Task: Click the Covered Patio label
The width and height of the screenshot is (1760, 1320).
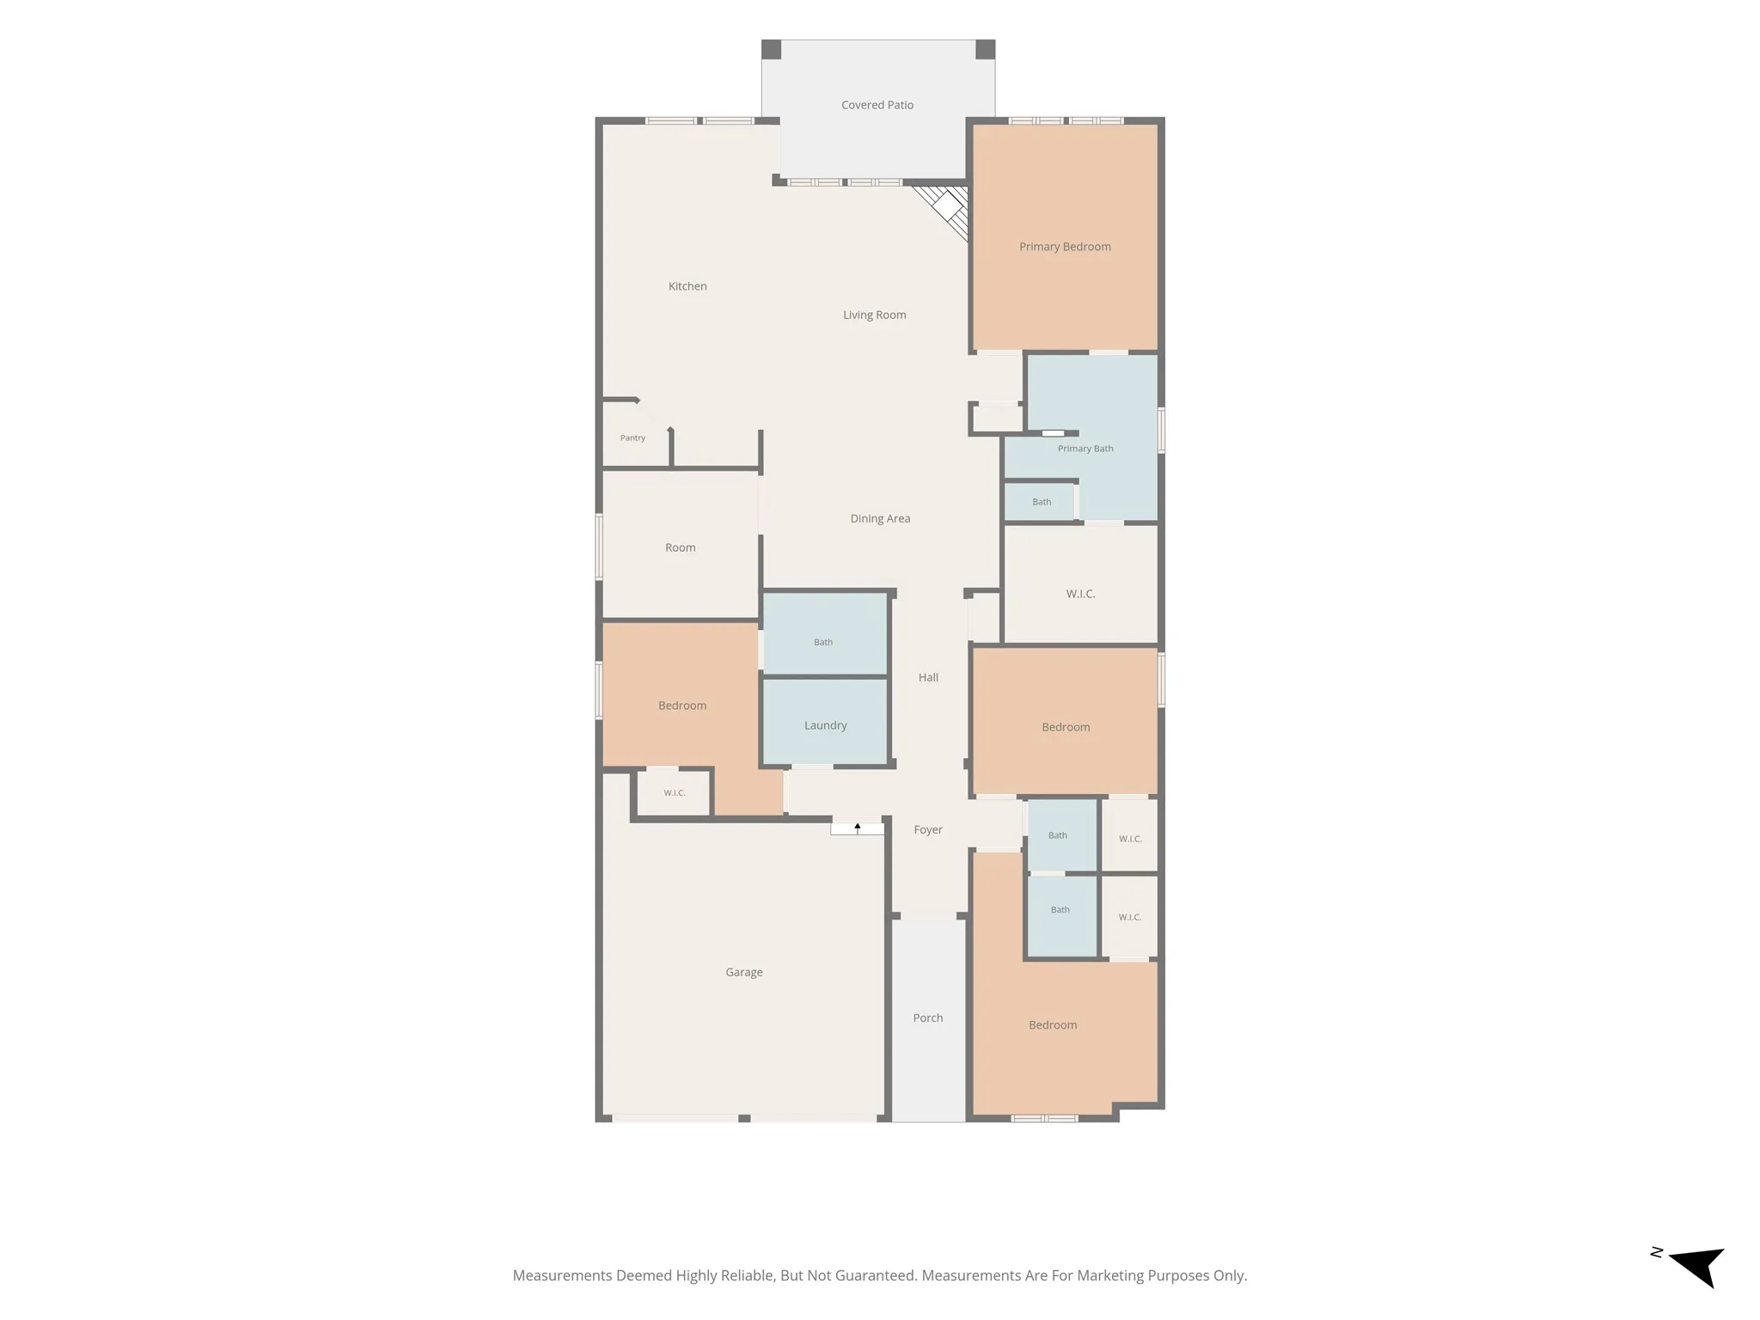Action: click(x=877, y=105)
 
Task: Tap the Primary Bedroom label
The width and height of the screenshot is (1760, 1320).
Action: click(x=1065, y=247)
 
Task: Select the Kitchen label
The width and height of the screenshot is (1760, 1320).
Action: click(x=687, y=286)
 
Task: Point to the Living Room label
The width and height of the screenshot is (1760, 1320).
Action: click(x=874, y=315)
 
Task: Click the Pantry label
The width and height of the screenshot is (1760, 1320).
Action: click(x=632, y=437)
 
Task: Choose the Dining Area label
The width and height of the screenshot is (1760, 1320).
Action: click(x=880, y=518)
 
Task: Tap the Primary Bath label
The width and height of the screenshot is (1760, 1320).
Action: click(x=1085, y=449)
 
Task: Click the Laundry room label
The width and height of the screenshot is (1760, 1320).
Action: click(x=825, y=725)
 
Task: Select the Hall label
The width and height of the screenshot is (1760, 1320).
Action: click(x=928, y=677)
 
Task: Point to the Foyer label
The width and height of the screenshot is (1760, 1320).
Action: click(x=928, y=829)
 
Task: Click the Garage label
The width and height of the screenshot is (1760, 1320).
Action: click(x=743, y=972)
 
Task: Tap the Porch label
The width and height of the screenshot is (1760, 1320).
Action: click(x=928, y=1017)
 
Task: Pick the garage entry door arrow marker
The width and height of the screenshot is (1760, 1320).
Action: click(x=857, y=828)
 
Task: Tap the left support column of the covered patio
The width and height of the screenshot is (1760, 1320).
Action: click(x=771, y=50)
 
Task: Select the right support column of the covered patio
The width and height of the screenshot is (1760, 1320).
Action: click(x=985, y=50)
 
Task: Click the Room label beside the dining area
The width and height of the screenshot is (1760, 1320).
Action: click(x=680, y=547)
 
